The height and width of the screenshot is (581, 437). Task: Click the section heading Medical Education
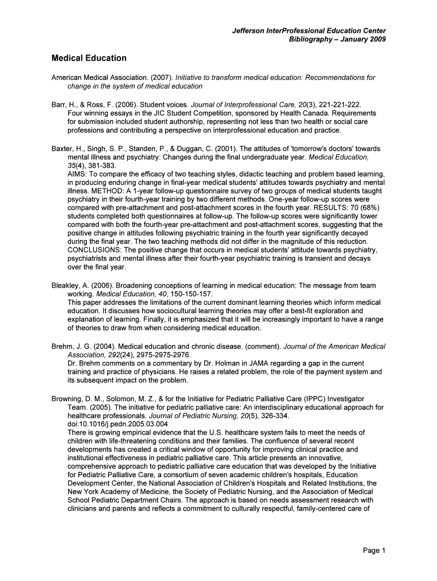point(89,58)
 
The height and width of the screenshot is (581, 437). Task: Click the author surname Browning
point(68,399)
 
